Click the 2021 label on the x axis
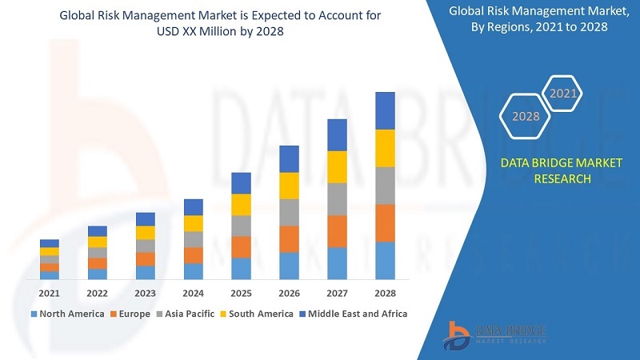coord(50,293)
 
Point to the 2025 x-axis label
coord(241,293)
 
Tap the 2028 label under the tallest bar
coord(385,293)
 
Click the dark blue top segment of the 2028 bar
coord(385,110)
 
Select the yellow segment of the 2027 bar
coord(337,166)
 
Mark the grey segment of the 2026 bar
coord(289,212)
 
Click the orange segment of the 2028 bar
coord(385,222)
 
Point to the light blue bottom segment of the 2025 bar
coord(241,268)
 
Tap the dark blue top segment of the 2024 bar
coord(194,207)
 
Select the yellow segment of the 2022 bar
coord(98,242)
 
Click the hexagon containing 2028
coord(526,116)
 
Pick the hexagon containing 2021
coord(562,94)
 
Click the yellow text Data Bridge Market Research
coord(560,170)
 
